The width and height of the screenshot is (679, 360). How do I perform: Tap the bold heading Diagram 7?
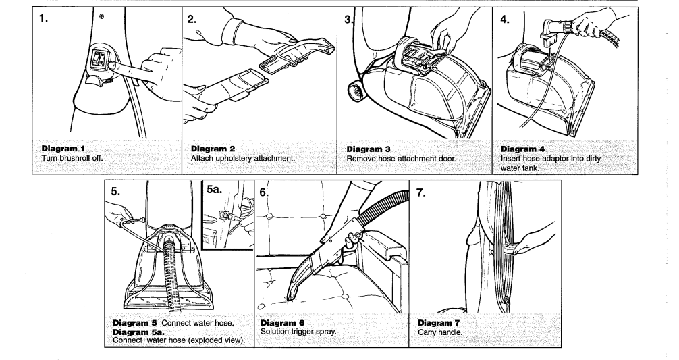[x=442, y=323]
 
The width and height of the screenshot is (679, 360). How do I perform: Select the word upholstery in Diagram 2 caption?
[x=238, y=158]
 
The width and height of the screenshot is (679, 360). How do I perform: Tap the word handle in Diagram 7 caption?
[x=454, y=332]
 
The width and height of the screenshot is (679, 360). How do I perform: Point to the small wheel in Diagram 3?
[x=355, y=88]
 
